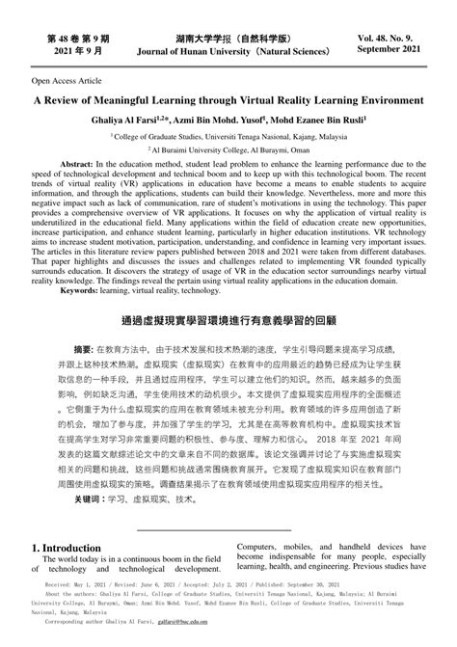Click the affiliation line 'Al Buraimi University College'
click(x=228, y=150)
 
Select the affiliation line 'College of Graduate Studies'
click(x=228, y=136)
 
